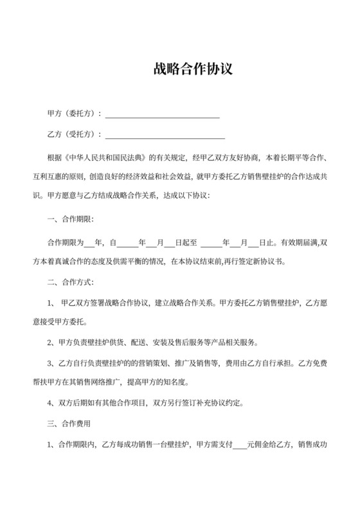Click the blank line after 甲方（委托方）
162,116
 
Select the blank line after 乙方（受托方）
165,136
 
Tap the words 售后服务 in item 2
173,342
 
